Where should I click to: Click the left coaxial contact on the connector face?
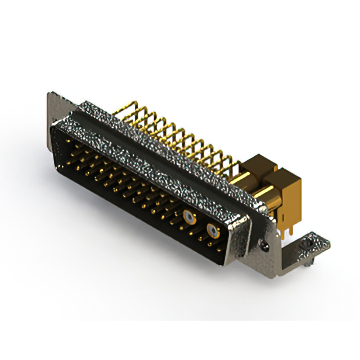190,218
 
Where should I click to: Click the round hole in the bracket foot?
308,245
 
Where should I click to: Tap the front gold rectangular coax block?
284,194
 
